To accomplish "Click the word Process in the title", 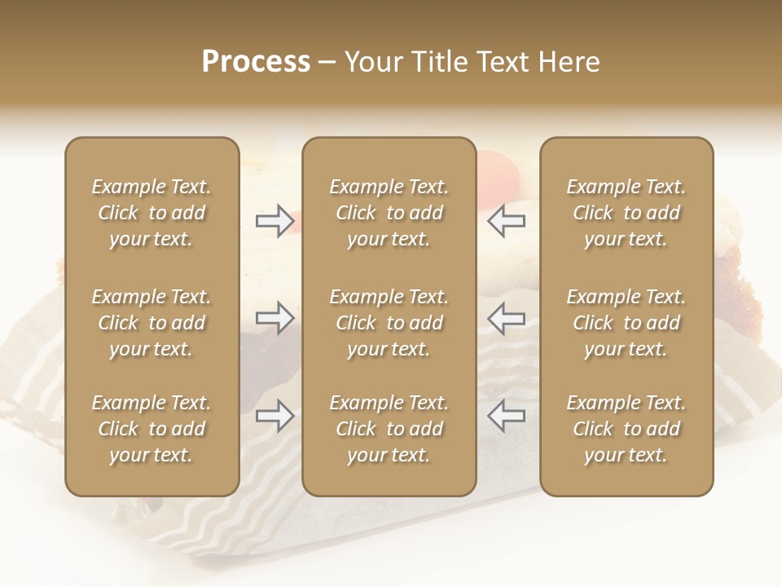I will [x=256, y=62].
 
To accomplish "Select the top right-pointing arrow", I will [x=275, y=221].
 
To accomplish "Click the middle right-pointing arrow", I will [x=275, y=318].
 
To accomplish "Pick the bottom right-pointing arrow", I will [x=275, y=416].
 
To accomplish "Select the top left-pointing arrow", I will [x=507, y=221].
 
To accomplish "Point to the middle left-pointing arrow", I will [x=507, y=318].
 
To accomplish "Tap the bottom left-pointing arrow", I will [x=507, y=416].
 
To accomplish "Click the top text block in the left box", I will [x=152, y=213].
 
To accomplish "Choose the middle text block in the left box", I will [x=152, y=323].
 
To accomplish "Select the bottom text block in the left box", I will [x=152, y=429].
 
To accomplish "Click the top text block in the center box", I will [x=389, y=213].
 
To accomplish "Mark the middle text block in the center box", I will [x=389, y=323].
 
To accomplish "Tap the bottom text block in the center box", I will [x=389, y=429].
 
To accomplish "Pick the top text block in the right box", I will [x=626, y=213].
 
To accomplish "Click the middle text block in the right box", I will [x=626, y=323].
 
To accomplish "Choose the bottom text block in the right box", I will [x=626, y=429].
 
